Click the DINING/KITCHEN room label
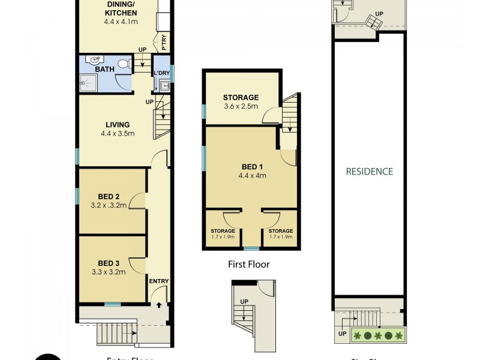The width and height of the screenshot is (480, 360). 121,9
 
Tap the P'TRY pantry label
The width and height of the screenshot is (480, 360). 164,43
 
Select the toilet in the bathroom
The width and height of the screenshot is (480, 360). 123,63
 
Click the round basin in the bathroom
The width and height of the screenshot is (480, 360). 92,60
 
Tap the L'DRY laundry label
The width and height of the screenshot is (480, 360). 162,73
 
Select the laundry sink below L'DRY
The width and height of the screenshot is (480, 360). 164,86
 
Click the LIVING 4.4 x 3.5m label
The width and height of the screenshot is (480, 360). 115,130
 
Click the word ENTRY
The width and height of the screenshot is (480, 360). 159,281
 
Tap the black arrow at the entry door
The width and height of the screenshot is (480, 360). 159,305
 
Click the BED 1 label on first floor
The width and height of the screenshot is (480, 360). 252,166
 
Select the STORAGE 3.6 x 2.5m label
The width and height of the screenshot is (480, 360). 241,101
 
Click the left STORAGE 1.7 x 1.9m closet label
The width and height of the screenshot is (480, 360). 223,233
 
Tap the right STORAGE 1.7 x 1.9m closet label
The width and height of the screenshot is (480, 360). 280,233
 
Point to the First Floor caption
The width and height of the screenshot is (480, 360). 249,264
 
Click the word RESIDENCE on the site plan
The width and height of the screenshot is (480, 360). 369,171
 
